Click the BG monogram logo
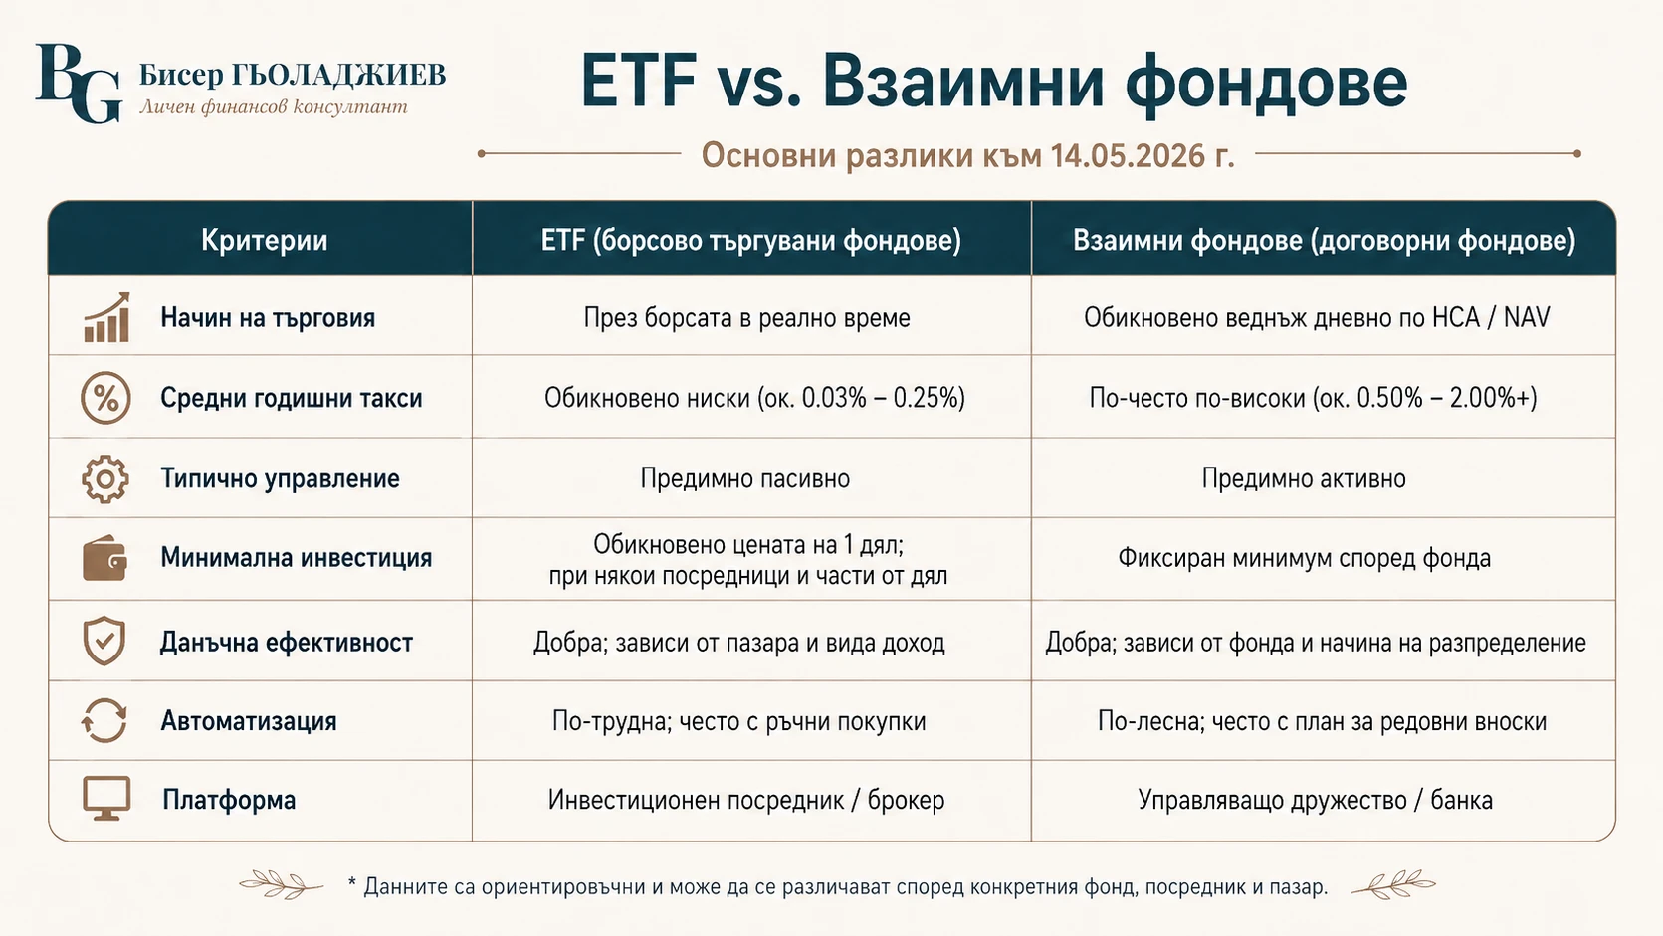(x=79, y=83)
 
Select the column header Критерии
(x=265, y=240)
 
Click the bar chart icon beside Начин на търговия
(x=106, y=317)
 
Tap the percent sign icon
(x=105, y=398)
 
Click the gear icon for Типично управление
(x=105, y=478)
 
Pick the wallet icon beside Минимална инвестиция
(x=104, y=558)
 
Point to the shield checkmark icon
(x=104, y=640)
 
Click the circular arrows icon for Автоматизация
(x=104, y=720)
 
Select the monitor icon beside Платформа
(x=106, y=799)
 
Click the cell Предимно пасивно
(x=745, y=478)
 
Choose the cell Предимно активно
(x=1304, y=478)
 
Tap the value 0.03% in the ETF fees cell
(x=834, y=398)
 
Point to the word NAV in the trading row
(x=1527, y=317)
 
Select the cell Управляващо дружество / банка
(x=1315, y=800)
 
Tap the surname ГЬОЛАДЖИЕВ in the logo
(x=338, y=75)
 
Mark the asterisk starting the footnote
(x=352, y=883)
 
